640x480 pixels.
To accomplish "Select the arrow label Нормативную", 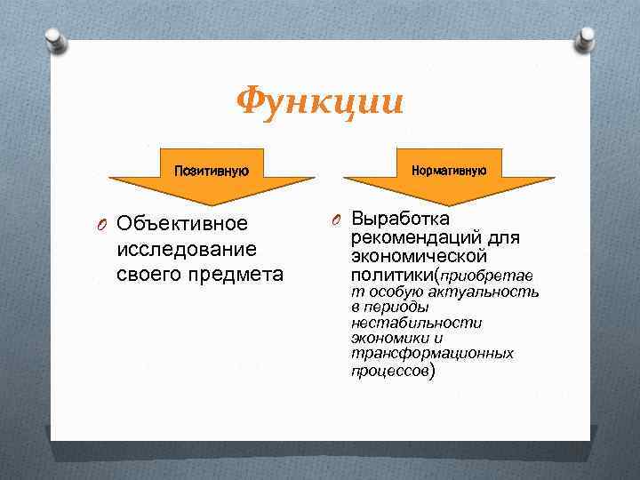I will click(x=448, y=169).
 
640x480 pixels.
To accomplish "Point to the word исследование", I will click(x=187, y=249).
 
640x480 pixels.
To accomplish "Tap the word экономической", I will click(x=419, y=257).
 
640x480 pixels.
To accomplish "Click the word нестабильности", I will click(x=416, y=323).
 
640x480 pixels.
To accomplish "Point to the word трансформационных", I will click(x=432, y=353).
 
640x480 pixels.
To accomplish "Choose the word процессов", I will click(x=389, y=369).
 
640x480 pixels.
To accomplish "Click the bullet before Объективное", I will click(x=103, y=223).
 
